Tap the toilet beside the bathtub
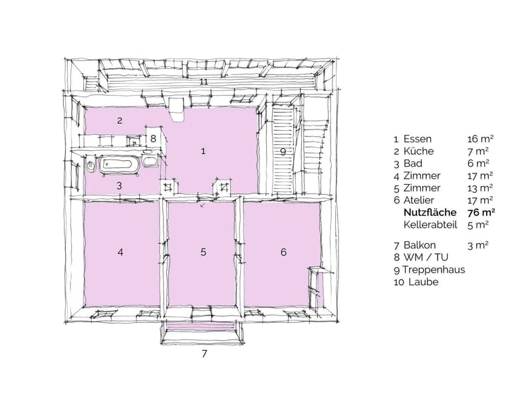[x=91, y=165]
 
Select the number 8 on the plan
[x=153, y=138]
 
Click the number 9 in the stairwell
[x=283, y=151]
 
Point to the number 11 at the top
[x=203, y=82]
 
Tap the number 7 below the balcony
[x=204, y=353]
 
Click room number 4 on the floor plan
[x=120, y=252]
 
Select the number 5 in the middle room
[x=203, y=252]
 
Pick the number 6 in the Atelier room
[x=283, y=252]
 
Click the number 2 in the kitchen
[x=120, y=120]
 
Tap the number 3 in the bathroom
[x=119, y=185]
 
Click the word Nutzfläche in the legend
[x=430, y=213]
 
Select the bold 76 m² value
[x=481, y=213]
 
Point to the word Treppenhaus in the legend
[x=434, y=270]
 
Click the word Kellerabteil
[x=430, y=225]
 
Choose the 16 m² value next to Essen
[x=480, y=139]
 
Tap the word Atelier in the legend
[x=418, y=200]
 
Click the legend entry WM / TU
[x=426, y=257]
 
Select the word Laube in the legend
[x=424, y=282]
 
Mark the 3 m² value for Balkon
[x=478, y=245]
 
